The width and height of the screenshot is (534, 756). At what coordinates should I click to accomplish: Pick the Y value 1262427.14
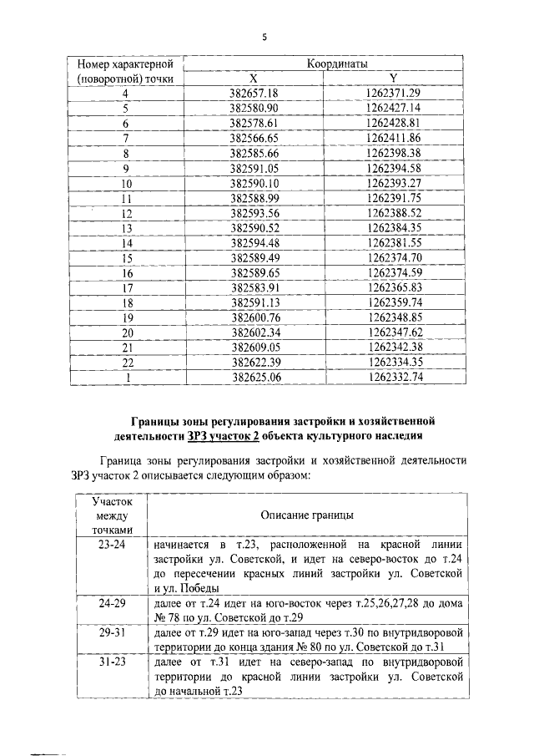(x=393, y=109)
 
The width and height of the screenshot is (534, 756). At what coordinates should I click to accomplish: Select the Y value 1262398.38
(x=393, y=153)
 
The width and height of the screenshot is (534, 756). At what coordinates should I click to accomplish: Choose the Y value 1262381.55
(x=393, y=243)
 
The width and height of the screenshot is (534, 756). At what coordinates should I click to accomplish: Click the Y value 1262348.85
(x=393, y=318)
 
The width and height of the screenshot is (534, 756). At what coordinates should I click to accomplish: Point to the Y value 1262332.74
(x=393, y=378)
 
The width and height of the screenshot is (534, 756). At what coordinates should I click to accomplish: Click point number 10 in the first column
(x=127, y=183)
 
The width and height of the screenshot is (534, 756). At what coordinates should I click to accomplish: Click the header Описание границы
(x=308, y=516)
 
